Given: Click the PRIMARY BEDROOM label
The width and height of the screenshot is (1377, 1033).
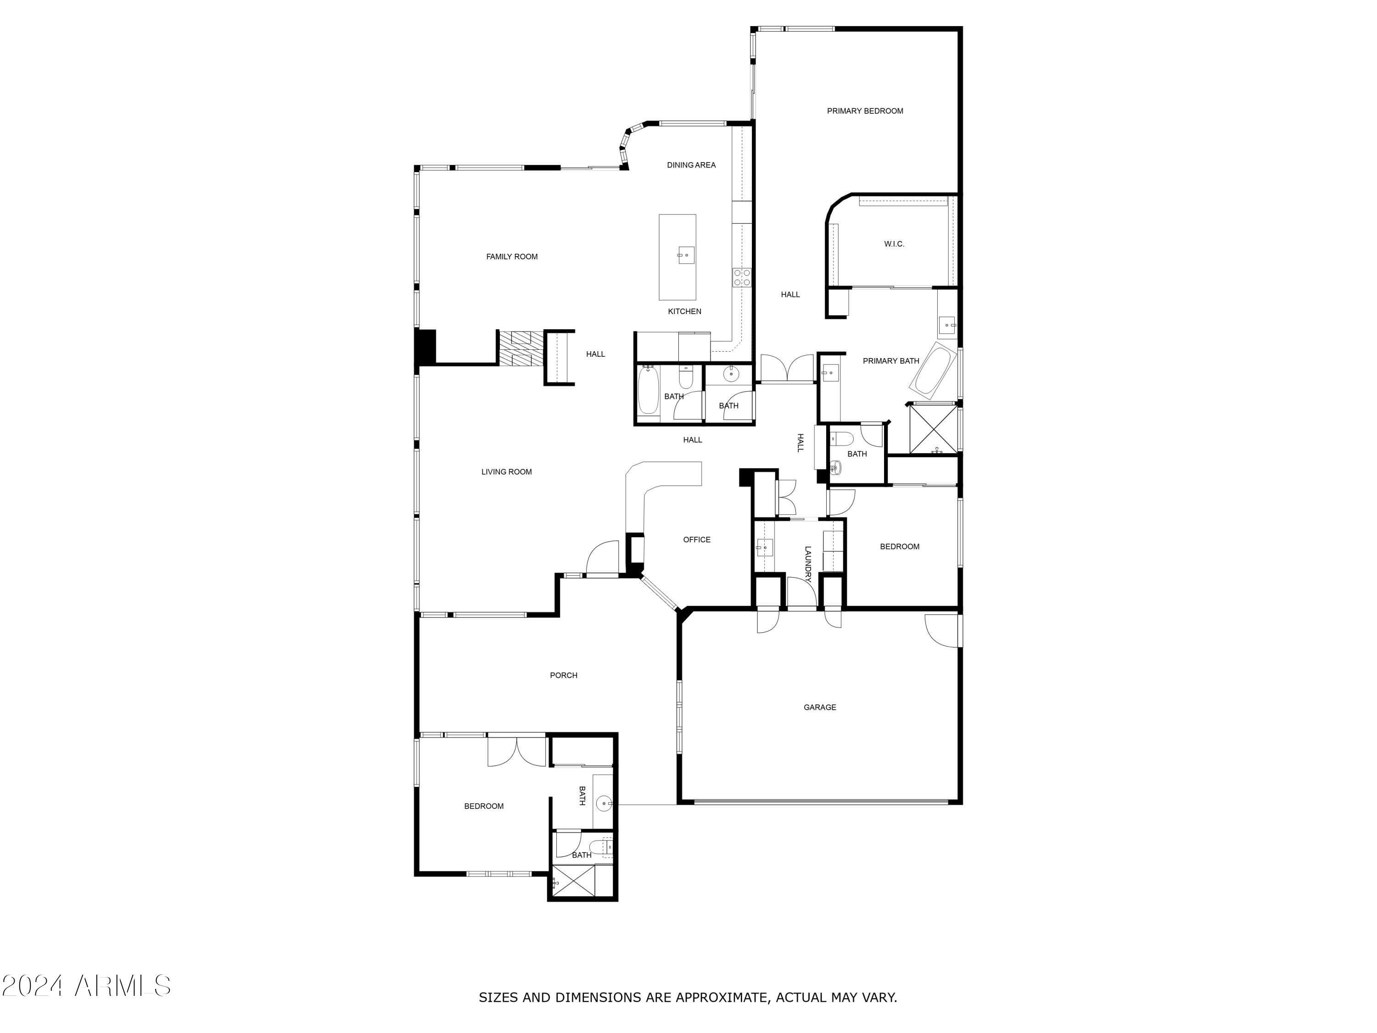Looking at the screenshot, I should point(865,111).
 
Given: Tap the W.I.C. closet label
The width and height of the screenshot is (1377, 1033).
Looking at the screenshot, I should point(894,244).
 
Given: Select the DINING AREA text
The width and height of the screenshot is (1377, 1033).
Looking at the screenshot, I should point(691,165).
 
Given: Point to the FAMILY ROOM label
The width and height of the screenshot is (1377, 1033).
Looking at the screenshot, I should point(512,257).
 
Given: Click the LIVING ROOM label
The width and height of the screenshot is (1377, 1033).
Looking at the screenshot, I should point(506,472).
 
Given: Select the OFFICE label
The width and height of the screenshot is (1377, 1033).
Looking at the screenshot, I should point(697,540).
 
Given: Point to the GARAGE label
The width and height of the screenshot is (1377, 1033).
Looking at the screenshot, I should point(819,707).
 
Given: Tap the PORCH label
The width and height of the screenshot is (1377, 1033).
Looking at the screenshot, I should point(563,676).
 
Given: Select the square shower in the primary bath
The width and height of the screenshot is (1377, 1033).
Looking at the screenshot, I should point(934,429).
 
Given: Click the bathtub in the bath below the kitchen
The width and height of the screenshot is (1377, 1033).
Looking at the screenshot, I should point(648,390).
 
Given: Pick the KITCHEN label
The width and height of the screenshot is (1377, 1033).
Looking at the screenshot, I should point(684,311).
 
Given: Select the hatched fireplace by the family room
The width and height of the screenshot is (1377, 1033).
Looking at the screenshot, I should point(521,348).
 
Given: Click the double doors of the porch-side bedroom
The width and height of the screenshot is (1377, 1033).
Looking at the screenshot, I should point(517,752).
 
